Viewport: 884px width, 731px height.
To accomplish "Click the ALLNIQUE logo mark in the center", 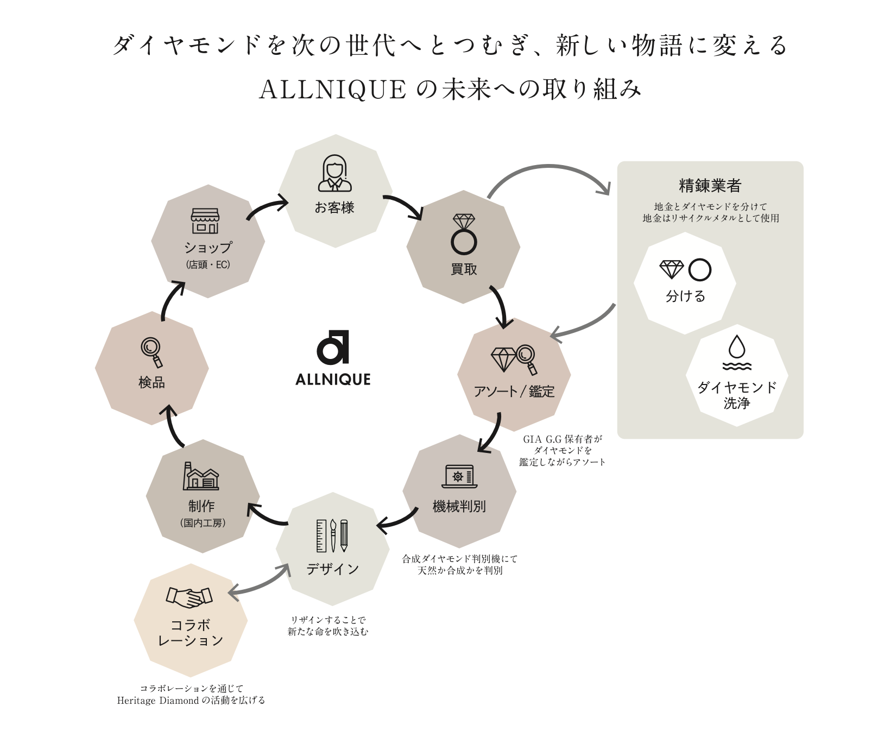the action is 332,348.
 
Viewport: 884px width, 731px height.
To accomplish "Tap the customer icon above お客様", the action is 334,173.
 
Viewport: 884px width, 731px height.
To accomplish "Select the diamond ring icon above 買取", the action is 464,234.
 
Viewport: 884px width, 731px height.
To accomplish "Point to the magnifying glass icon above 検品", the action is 151,352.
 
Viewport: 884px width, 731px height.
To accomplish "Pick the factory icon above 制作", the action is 201,476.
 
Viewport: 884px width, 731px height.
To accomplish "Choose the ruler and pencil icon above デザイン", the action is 332,535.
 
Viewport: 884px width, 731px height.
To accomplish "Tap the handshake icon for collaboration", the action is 189,597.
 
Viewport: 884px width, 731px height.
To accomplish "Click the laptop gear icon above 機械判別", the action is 459,476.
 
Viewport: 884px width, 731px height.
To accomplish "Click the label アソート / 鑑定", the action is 514,392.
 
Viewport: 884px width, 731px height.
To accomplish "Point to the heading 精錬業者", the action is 710,186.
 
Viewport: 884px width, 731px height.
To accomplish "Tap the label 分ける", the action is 685,296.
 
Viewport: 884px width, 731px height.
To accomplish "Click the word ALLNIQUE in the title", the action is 333,90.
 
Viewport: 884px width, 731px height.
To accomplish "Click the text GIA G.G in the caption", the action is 540,439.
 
